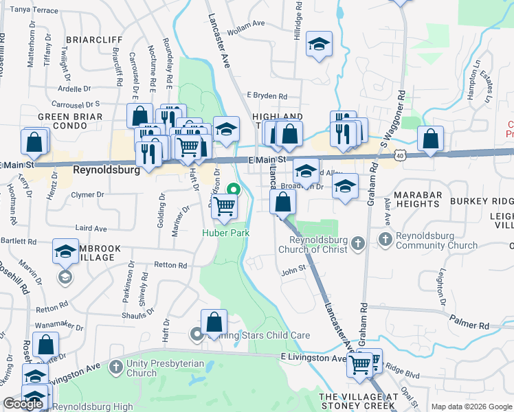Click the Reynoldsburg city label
106,170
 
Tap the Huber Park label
225,233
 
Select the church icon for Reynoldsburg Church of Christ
357,244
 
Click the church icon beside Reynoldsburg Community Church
385,239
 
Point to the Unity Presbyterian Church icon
115,367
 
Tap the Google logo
23,404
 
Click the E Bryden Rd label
267,97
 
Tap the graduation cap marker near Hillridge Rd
319,45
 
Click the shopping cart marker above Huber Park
225,205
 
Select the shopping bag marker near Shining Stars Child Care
214,321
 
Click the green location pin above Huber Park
234,190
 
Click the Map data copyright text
471,407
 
